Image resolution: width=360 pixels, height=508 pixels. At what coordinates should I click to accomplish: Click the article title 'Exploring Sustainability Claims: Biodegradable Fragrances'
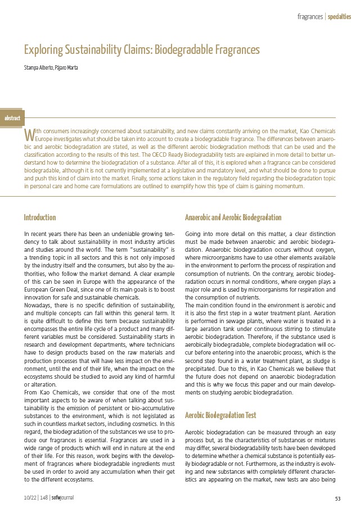tap(142, 50)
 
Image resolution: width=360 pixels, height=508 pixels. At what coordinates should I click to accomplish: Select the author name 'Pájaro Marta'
tap(67, 68)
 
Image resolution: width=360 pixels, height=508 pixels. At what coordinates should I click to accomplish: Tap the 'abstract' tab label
tap(12, 118)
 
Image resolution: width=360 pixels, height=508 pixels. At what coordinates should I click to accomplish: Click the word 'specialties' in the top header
tap(340, 17)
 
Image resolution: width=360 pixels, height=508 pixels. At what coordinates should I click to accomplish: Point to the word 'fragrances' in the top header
tap(310, 17)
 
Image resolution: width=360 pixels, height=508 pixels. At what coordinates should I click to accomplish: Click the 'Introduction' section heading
tap(40, 217)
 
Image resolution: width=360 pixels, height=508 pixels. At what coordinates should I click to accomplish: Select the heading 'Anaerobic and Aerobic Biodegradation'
tap(233, 217)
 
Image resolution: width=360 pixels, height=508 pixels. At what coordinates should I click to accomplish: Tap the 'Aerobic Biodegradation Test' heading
tap(220, 415)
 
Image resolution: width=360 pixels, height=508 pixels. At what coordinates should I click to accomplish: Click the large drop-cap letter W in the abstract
tap(29, 135)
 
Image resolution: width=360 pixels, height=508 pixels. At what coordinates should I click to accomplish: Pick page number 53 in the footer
tap(338, 498)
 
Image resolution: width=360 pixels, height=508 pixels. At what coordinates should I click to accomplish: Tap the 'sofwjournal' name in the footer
tap(63, 498)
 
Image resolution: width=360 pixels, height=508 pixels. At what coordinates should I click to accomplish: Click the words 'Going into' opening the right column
tap(198, 233)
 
